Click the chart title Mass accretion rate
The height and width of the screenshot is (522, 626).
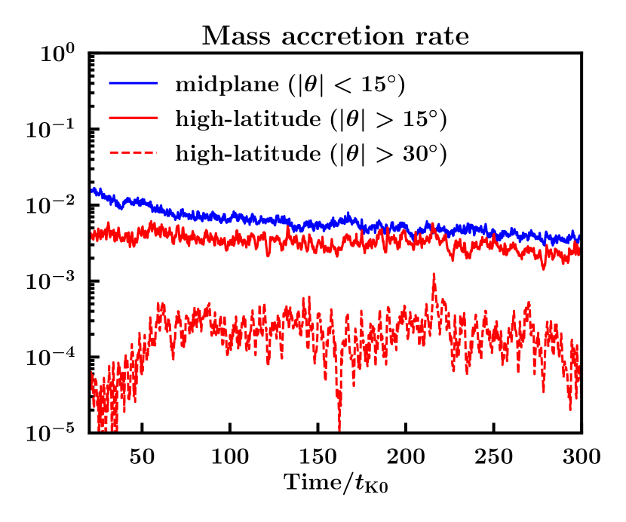(335, 35)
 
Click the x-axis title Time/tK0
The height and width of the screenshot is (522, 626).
(335, 482)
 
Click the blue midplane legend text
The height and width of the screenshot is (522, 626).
(291, 85)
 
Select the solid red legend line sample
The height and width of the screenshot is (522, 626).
(133, 119)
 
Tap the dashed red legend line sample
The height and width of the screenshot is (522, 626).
(133, 154)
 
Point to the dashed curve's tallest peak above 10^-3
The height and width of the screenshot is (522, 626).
(434, 275)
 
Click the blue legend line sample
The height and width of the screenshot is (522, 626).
(133, 84)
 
